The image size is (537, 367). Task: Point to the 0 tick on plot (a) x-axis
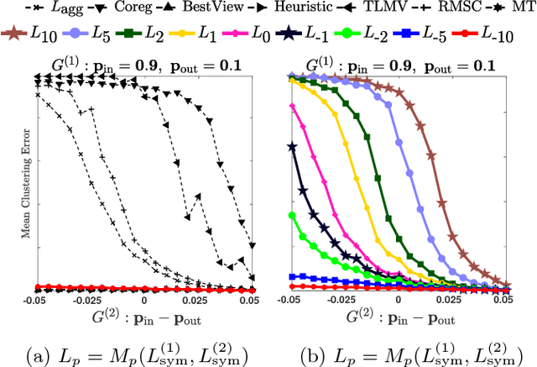(x=144, y=299)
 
